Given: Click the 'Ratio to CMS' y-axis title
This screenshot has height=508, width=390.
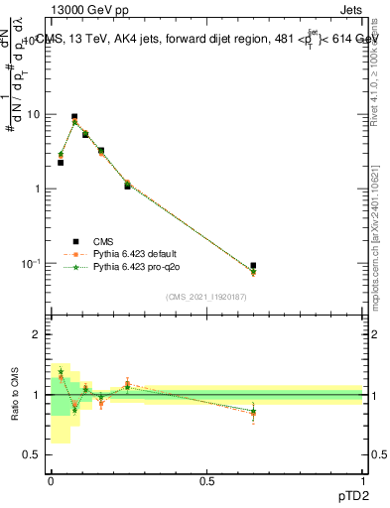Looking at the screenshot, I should pyautogui.click(x=17, y=395).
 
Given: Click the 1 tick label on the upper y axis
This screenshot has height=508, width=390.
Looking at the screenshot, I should pyautogui.click(x=37, y=189).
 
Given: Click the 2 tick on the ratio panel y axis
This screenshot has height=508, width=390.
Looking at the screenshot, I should pyautogui.click(x=38, y=335).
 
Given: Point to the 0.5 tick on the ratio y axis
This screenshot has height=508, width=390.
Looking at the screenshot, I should pyautogui.click(x=33, y=455).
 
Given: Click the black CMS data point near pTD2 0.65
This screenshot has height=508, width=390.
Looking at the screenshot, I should pyautogui.click(x=253, y=266).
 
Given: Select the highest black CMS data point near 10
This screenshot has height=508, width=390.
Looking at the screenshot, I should pyautogui.click(x=74, y=117).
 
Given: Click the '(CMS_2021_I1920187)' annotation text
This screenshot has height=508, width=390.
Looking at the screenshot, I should pyautogui.click(x=205, y=296).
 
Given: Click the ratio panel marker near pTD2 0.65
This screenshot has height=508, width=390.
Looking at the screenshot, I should pyautogui.click(x=253, y=411).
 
